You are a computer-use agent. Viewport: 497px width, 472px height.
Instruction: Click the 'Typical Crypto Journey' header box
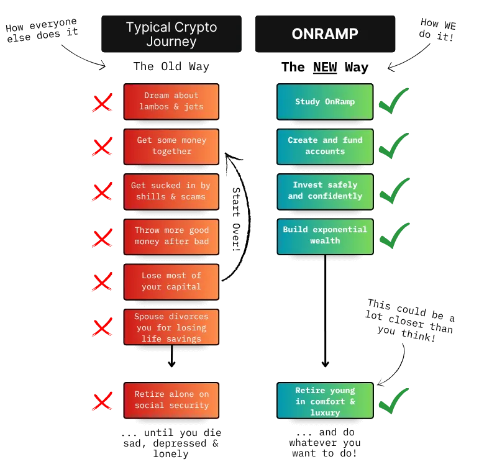click(171, 34)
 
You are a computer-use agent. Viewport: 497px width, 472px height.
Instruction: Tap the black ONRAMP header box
click(325, 34)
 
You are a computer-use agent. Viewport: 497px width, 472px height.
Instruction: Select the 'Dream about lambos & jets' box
click(171, 102)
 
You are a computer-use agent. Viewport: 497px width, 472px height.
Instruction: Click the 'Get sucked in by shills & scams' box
click(171, 192)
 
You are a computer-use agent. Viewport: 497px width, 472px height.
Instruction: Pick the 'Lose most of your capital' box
click(171, 281)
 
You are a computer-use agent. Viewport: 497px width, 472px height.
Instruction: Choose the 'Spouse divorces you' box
click(171, 327)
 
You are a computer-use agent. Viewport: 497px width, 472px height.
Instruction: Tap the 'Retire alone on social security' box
click(171, 401)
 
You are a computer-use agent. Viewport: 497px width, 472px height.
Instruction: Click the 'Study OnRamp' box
click(325, 102)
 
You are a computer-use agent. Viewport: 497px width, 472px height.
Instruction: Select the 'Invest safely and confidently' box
click(325, 192)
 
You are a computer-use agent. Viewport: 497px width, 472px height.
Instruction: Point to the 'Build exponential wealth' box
click(325, 237)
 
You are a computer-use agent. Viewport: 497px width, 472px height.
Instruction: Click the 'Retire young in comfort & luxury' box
click(325, 401)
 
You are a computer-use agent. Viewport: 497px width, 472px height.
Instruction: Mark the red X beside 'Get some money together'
click(102, 147)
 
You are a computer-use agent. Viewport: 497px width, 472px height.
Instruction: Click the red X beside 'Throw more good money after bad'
click(102, 238)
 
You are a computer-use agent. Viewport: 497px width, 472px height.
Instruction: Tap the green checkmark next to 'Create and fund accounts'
click(393, 147)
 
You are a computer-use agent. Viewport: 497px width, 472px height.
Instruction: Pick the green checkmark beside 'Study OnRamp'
click(393, 101)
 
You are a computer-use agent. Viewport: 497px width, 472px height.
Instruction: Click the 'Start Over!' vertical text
click(236, 219)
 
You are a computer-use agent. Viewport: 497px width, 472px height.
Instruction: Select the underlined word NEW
click(325, 68)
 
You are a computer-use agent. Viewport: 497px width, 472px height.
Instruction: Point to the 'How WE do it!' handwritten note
click(437, 29)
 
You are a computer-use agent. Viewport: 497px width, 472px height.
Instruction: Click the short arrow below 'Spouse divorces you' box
click(172, 356)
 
